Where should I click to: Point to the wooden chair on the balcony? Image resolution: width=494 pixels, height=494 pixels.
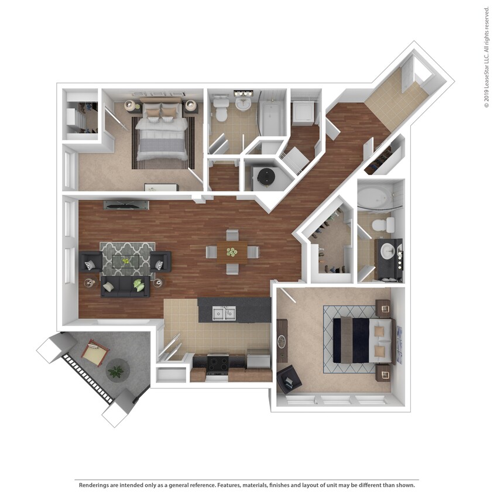[x=94, y=353]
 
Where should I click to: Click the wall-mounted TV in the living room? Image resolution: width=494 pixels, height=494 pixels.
[x=126, y=205]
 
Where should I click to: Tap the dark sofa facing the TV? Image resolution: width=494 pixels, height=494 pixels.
[x=124, y=286]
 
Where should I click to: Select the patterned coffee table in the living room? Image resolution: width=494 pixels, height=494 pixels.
[x=127, y=262]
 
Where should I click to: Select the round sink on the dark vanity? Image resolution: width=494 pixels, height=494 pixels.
[x=387, y=252]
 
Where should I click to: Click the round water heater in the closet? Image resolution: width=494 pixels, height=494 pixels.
[x=267, y=176]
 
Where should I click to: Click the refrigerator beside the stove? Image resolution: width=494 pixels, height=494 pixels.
[x=259, y=358]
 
